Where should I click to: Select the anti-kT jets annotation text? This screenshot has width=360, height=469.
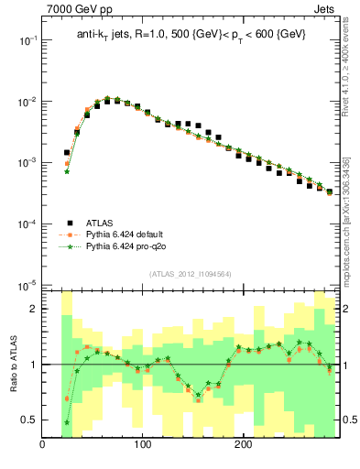pos(191,34)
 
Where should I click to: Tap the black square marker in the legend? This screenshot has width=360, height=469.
pos(69,222)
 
